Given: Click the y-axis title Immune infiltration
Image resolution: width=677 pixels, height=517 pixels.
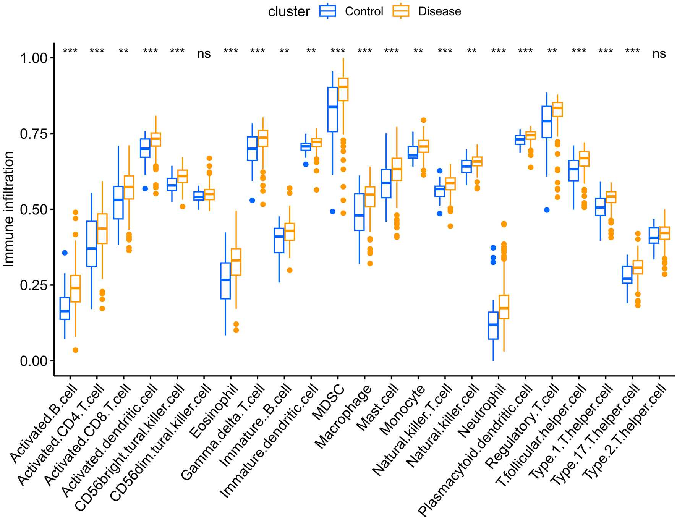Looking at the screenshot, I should pyautogui.click(x=8, y=209).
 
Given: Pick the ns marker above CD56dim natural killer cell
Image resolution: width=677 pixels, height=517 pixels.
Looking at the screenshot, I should pyautogui.click(x=204, y=54).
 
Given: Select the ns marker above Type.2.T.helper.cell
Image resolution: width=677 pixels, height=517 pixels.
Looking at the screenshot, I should pyautogui.click(x=659, y=54).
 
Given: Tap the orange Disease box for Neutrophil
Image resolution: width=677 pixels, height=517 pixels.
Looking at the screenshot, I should pyautogui.click(x=504, y=306).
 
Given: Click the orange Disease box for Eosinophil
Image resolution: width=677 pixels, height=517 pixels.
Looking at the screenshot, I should pyautogui.click(x=236, y=262).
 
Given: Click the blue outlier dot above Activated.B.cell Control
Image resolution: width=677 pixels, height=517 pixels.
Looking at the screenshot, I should pyautogui.click(x=65, y=253).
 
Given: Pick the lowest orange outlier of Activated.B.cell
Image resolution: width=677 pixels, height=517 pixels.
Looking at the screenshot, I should pyautogui.click(x=75, y=350).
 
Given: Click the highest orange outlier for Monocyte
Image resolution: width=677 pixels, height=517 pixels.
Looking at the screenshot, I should pyautogui.click(x=423, y=120).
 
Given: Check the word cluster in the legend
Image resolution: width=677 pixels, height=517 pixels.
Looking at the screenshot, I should pyautogui.click(x=289, y=11).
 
